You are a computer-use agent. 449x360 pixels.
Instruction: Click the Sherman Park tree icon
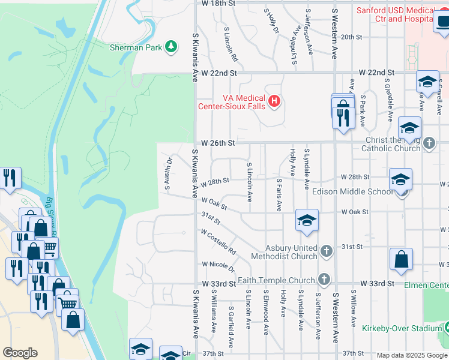(171, 46)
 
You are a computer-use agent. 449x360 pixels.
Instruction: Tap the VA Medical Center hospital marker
(274, 100)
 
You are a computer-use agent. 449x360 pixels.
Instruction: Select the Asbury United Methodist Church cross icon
(326, 251)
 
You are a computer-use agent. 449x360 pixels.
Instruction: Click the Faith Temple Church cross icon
(324, 280)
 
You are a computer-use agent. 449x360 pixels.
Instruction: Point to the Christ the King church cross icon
(429, 143)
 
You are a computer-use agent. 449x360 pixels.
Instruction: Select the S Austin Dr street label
(169, 172)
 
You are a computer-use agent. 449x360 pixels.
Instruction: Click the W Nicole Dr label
(217, 264)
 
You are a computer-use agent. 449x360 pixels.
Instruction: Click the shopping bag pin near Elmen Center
(401, 259)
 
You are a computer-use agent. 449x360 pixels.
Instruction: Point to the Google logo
(20, 353)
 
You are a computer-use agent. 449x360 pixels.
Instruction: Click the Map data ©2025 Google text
(411, 355)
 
